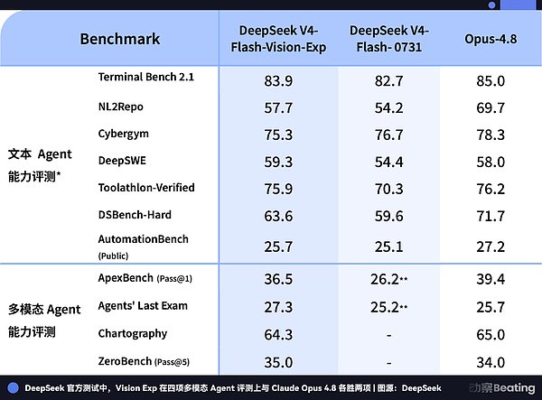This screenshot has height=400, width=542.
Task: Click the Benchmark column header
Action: pyautogui.click(x=120, y=39)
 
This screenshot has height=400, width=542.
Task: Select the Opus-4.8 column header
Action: pyautogui.click(x=491, y=39)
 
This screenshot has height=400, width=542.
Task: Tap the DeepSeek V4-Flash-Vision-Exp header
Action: pyautogui.click(x=278, y=39)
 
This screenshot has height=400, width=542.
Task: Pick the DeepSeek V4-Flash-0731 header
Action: pyautogui.click(x=388, y=39)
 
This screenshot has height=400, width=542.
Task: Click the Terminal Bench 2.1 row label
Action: pyautogui.click(x=146, y=77)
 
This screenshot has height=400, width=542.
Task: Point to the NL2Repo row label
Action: pyautogui.click(x=121, y=107)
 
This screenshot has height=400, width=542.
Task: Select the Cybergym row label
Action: pyautogui.click(x=124, y=134)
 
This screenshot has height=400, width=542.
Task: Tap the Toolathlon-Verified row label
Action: pyautogui.click(x=146, y=188)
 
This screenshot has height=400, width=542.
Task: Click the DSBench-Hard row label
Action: pyautogui.click(x=135, y=215)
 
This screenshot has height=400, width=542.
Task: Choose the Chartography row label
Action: pyautogui.click(x=133, y=334)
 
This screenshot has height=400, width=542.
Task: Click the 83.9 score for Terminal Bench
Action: pyautogui.click(x=278, y=81)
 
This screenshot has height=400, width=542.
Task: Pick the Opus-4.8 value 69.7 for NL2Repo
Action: pyautogui.click(x=491, y=107)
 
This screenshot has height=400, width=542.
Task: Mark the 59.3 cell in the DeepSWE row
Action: pyautogui.click(x=278, y=162)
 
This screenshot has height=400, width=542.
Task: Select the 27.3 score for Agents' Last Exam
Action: pyautogui.click(x=278, y=307)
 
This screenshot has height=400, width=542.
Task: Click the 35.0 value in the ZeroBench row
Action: pyautogui.click(x=278, y=362)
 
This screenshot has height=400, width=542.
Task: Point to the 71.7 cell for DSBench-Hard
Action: pyautogui.click(x=491, y=216)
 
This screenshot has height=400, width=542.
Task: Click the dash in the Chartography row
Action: pyautogui.click(x=388, y=335)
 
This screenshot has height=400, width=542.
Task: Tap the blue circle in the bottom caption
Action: pyautogui.click(x=13, y=388)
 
